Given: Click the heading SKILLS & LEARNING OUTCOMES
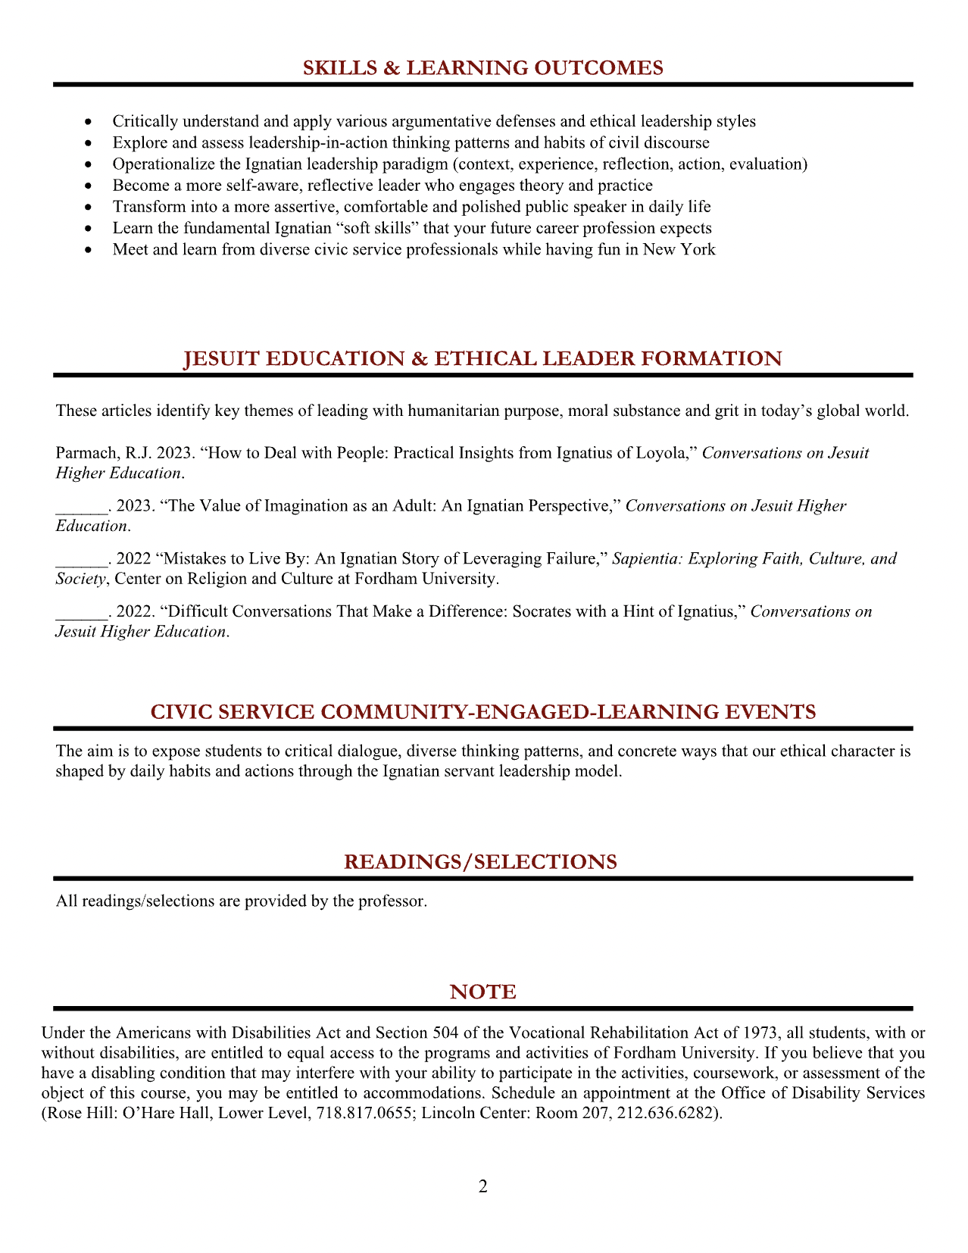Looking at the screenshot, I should [x=482, y=68].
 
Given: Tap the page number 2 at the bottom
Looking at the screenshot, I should [x=483, y=1186].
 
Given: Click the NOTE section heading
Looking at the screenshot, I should [x=483, y=992].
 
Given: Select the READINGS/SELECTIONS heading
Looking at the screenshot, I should [x=480, y=862].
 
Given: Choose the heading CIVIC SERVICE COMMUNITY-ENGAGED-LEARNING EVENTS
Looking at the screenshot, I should [x=483, y=712].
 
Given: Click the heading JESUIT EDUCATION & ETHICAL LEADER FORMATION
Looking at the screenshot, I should [x=483, y=359].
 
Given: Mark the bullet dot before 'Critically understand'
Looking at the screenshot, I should [x=89, y=122].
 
